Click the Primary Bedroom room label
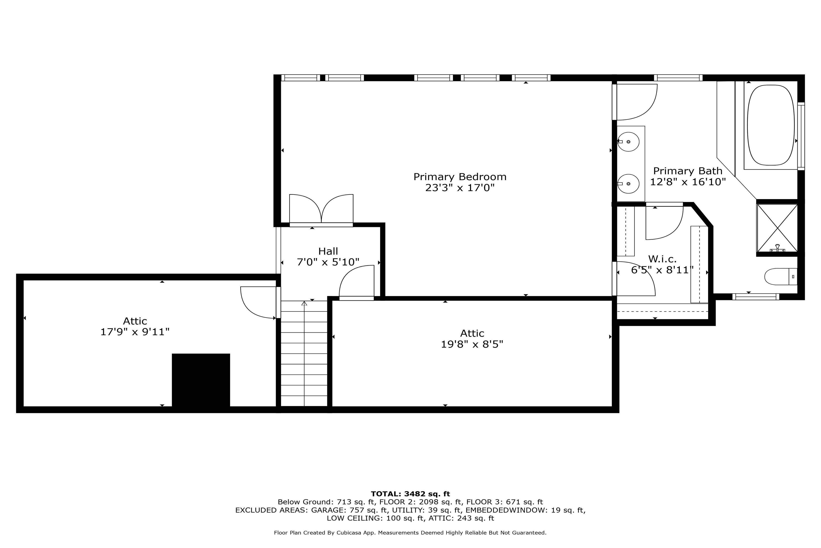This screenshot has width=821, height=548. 460,177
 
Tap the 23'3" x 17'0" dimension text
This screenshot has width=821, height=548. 460,188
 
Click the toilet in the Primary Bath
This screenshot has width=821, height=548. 781,277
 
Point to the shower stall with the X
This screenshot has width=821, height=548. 777,228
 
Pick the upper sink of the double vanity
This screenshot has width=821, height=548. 628,142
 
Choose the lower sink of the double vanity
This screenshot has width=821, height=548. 628,184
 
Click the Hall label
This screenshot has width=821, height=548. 328,251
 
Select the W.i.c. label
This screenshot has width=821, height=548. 662,259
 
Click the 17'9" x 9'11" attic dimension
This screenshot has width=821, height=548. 135,332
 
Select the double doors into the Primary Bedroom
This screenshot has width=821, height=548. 321,209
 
